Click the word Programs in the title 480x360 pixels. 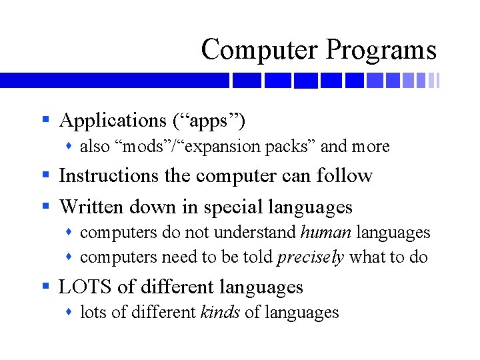(x=381, y=51)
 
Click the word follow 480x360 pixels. (x=345, y=176)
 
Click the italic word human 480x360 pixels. (x=326, y=233)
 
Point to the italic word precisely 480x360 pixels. (x=311, y=257)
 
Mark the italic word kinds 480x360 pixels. (x=220, y=312)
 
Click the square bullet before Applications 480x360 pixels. (x=45, y=121)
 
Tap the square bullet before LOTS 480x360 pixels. (x=45, y=287)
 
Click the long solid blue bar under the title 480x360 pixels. (x=113, y=81)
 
